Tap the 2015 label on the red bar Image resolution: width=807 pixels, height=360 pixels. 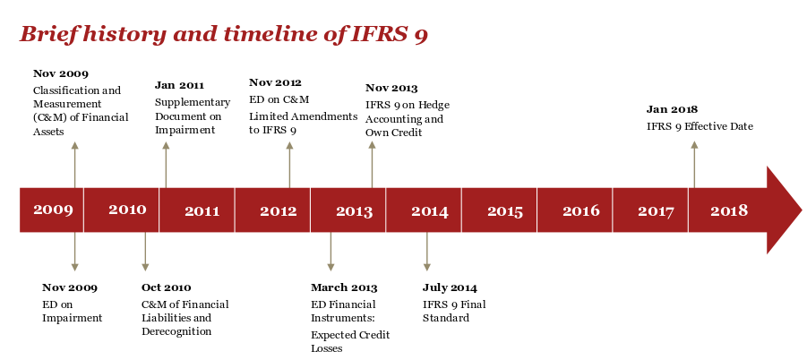coord(505,211)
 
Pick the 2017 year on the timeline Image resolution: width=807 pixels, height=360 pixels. coord(656,211)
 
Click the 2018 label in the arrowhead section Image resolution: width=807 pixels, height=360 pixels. coord(729,210)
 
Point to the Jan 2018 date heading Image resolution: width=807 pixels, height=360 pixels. coord(672,109)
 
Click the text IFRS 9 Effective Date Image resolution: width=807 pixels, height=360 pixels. coord(700,126)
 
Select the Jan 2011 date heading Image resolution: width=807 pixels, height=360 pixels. coord(179,85)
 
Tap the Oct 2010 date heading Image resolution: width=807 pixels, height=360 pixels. coord(167,287)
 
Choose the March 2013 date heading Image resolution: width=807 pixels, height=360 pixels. coord(344,287)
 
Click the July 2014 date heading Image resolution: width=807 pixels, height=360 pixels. coord(450,287)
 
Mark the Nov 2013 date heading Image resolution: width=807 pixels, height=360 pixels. coord(391,88)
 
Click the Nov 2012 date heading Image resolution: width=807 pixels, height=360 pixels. coord(275,82)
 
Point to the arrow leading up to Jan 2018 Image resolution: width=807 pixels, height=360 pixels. coord(694,165)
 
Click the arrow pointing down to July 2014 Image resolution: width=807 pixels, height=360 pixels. coord(426,252)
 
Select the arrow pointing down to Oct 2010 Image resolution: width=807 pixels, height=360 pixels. coord(145,252)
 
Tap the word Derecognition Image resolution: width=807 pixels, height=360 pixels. coord(176,331)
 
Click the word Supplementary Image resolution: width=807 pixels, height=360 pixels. coord(193,103)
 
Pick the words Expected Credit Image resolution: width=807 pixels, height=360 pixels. coord(350,335)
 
